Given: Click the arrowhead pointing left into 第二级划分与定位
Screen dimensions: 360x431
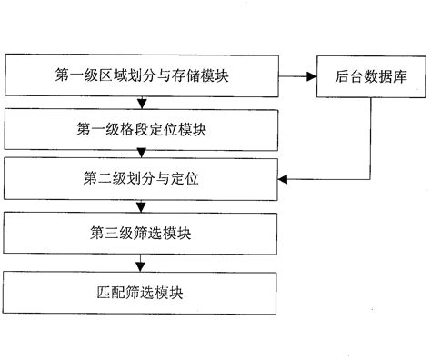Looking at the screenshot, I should click(284, 178).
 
